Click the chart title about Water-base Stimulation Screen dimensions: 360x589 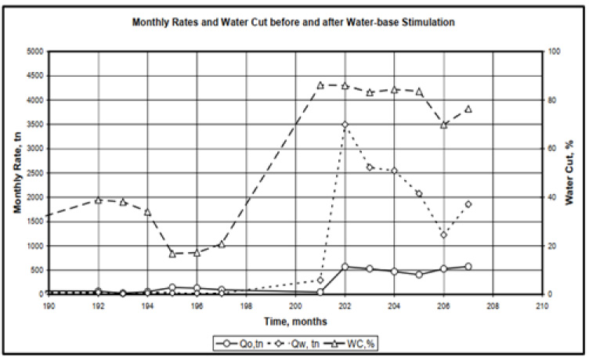click(x=294, y=23)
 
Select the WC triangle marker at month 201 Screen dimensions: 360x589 click(x=320, y=85)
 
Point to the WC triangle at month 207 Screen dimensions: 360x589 click(x=468, y=109)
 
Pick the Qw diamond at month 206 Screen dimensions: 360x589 click(x=443, y=235)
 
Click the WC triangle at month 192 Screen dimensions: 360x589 click(x=98, y=200)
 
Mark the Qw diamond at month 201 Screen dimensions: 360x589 click(x=320, y=279)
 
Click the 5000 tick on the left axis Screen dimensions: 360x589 click(x=35, y=52)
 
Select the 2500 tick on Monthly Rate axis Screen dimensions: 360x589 click(x=35, y=173)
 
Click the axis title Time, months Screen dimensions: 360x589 click(x=294, y=321)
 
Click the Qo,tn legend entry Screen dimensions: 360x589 click(x=239, y=342)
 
